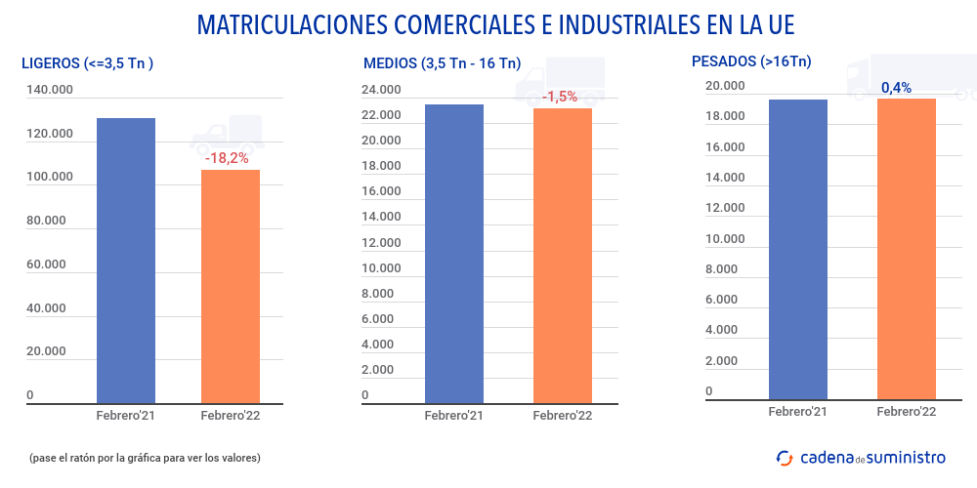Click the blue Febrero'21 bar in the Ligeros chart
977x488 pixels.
[125, 260]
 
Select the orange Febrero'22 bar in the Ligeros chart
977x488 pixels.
[231, 286]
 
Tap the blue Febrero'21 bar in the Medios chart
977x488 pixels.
[454, 253]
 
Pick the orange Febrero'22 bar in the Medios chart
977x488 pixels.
[562, 255]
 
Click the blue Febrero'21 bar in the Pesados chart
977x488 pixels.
[798, 249]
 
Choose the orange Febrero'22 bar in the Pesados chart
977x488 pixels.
[907, 249]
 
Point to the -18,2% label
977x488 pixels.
[228, 157]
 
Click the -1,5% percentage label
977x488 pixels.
[560, 97]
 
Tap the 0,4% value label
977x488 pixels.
[896, 88]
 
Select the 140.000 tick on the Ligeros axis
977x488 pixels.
[50, 91]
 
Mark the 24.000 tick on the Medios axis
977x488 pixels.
[381, 91]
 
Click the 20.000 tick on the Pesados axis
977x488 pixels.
[725, 86]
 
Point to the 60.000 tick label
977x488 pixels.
[46, 264]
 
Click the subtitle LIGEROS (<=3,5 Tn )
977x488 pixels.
[88, 63]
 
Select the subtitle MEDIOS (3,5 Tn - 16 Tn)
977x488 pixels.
[442, 63]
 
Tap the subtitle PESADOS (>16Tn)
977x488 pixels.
[750, 61]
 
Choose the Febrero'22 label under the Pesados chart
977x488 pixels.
[906, 412]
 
